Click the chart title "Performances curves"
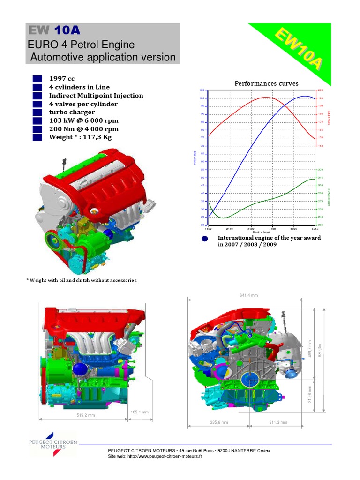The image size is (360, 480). (266, 83)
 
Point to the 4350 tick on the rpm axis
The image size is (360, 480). (272, 229)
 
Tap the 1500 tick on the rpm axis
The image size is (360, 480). (208, 229)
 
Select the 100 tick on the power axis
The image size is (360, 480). (202, 98)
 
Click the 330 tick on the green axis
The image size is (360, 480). (321, 170)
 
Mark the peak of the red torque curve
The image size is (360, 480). (265, 97)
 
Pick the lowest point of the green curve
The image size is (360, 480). (224, 218)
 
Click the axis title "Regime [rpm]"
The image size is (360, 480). (262, 232)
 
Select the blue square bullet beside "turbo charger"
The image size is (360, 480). (37, 112)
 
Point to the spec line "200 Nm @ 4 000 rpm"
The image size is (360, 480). (83, 129)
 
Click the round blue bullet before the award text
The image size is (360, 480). (204, 239)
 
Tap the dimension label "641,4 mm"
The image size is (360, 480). (248, 295)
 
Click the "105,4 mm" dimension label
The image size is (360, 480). (139, 412)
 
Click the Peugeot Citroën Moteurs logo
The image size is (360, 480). (53, 444)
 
